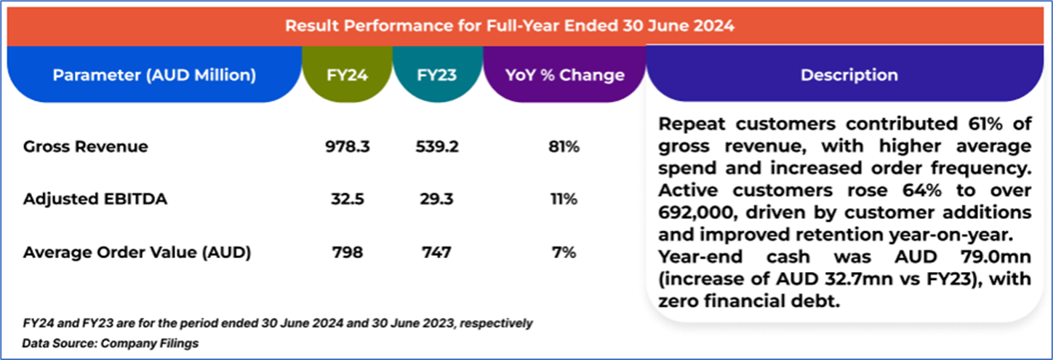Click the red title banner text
[509, 25]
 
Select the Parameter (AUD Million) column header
[154, 75]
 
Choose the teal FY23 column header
[436, 75]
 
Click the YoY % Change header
[564, 75]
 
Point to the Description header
[849, 75]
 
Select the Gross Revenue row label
[85, 147]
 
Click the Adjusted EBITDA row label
[95, 199]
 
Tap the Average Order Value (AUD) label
[137, 252]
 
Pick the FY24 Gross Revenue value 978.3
[348, 147]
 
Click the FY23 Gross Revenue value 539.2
[436, 147]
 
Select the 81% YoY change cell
[564, 147]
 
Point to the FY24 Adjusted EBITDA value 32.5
[348, 199]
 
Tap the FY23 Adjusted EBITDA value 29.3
[436, 199]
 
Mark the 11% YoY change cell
[564, 199]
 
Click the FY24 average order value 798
[348, 252]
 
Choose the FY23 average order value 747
[436, 252]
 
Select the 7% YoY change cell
[564, 252]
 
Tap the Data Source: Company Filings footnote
[110, 343]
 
